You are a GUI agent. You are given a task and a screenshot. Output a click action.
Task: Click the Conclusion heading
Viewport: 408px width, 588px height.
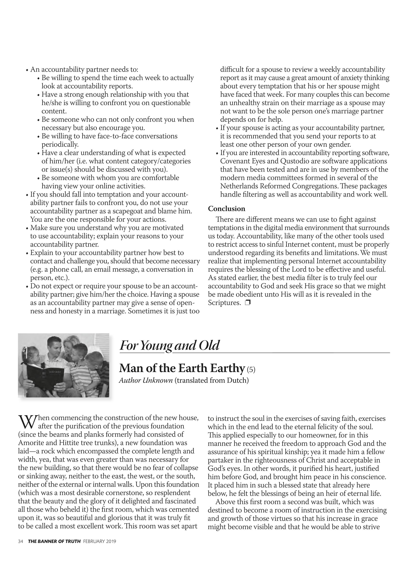click(x=226, y=209)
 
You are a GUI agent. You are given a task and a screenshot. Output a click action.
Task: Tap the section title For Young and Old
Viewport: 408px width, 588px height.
click(x=169, y=346)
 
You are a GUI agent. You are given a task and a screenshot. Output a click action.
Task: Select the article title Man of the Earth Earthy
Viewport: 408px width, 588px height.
click(x=182, y=368)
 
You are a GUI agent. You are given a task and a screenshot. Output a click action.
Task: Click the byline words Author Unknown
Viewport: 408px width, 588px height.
click(x=146, y=380)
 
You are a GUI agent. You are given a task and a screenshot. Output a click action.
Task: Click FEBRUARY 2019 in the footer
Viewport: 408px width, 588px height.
click(x=100, y=541)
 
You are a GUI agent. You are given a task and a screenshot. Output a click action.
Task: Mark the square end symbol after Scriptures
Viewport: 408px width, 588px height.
click(x=247, y=303)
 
